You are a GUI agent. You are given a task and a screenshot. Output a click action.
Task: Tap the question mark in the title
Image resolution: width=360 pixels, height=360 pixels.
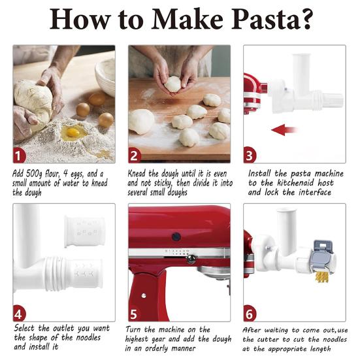coord(306,18)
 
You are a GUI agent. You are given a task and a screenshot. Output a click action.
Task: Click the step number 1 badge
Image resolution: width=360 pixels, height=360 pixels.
coord(20,156)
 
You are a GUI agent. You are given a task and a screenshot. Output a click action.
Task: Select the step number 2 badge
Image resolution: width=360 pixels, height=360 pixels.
coord(135,155)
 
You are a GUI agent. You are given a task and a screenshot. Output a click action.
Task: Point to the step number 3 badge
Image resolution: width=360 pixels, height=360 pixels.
coord(250,155)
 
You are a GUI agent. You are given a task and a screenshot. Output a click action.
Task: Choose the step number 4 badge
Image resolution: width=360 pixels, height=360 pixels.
coord(20,314)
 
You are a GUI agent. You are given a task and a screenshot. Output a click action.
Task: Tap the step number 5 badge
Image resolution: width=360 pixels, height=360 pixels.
coord(135,314)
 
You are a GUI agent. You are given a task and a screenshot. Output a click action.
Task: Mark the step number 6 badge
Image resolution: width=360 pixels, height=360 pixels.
coord(250,314)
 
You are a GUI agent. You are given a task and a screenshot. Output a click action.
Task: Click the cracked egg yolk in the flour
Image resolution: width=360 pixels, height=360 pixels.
coord(73,132)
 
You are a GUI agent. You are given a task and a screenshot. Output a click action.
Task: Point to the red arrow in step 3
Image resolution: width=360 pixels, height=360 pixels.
coord(284,130)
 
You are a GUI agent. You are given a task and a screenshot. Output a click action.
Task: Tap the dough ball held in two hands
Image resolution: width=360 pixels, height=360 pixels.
coord(172,84)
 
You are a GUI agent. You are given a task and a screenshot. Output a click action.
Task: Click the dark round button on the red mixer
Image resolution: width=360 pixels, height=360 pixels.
coord(176,237)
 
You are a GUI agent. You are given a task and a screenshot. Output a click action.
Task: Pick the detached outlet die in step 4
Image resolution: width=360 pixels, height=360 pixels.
coord(84,231)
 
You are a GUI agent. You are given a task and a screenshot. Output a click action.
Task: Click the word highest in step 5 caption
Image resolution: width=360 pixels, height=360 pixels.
coord(137,339)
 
